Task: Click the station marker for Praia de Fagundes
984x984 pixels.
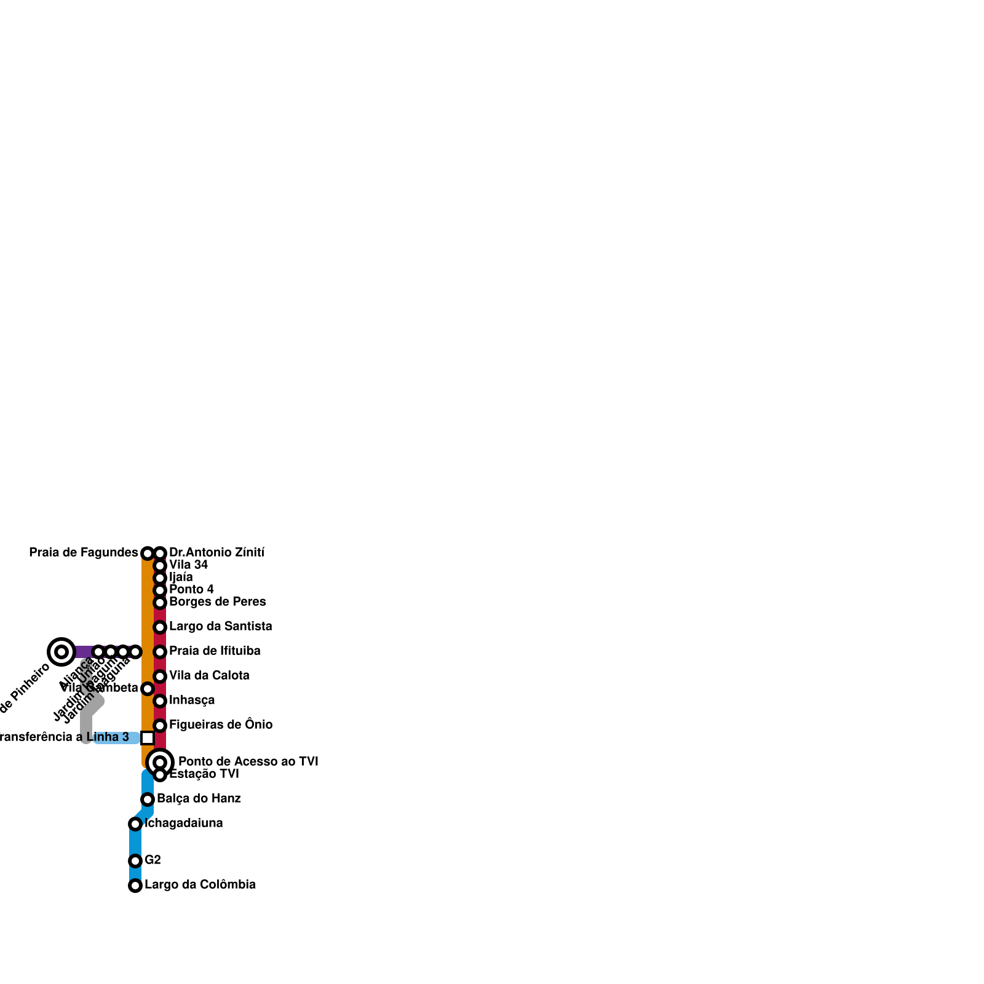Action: (x=148, y=553)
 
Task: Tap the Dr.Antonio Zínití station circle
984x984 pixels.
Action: (x=160, y=553)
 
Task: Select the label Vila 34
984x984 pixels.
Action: (x=188, y=565)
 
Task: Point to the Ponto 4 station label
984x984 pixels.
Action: (x=191, y=590)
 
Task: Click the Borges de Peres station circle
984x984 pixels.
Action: (x=160, y=603)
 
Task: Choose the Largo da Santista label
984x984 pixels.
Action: (x=220, y=627)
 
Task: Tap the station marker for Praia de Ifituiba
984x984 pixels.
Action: (x=160, y=652)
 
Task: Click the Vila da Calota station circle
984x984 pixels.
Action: (x=160, y=676)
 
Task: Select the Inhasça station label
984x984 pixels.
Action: (x=192, y=700)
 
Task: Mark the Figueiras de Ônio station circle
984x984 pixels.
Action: (x=160, y=726)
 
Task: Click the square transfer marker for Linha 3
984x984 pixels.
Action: (x=148, y=738)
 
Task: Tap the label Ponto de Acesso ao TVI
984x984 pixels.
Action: (x=248, y=762)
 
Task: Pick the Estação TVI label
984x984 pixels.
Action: (x=204, y=774)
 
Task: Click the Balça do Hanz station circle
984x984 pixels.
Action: (x=148, y=799)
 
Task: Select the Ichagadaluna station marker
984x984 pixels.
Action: (x=135, y=824)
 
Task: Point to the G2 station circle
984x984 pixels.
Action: (x=135, y=861)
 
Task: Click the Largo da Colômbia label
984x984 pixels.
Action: (x=200, y=885)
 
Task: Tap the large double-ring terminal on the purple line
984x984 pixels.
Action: (x=61, y=652)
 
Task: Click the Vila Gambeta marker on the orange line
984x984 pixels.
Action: (x=148, y=689)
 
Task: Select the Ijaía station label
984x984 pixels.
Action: (x=181, y=577)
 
